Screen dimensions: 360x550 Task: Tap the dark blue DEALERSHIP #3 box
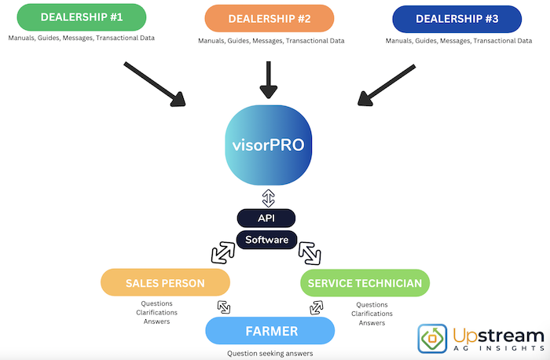[x=456, y=18]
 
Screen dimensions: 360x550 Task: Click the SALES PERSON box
[x=165, y=282]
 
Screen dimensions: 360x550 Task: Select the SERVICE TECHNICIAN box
[x=365, y=282]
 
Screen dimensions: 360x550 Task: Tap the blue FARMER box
[x=269, y=331]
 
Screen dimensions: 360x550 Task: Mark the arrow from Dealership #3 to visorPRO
[x=387, y=84]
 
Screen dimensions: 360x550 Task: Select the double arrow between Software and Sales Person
[x=222, y=252]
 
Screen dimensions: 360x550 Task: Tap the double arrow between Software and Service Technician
[x=310, y=252]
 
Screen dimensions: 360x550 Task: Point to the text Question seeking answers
[x=269, y=353]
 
